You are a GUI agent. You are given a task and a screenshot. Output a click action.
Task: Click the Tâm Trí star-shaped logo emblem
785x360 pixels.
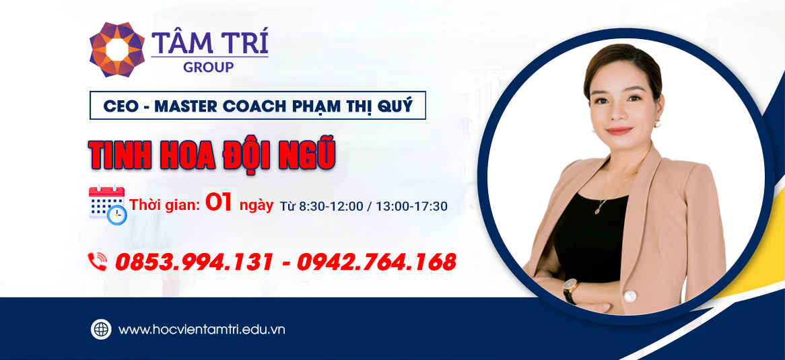[116, 49]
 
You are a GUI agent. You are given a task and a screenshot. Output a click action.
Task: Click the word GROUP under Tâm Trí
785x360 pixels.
[209, 67]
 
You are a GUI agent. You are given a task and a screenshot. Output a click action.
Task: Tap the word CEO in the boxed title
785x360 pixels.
[120, 106]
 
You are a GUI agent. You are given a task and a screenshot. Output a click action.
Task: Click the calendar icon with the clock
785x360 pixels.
[107, 204]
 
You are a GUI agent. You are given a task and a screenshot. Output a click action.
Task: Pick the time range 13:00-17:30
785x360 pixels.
[412, 205]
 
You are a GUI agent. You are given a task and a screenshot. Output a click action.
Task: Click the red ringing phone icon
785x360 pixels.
[98, 261]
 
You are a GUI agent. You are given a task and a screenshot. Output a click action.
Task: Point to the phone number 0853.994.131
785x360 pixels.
[194, 262]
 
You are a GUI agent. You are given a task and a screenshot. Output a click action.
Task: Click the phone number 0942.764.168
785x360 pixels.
[376, 262]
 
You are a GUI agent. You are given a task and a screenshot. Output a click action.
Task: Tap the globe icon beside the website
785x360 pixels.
[101, 329]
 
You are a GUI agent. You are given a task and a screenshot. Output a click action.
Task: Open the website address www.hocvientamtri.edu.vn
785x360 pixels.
[202, 330]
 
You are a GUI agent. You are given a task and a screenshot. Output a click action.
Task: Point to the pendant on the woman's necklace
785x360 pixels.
[598, 210]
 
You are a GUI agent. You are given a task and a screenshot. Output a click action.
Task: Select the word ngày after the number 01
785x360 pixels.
[257, 205]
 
